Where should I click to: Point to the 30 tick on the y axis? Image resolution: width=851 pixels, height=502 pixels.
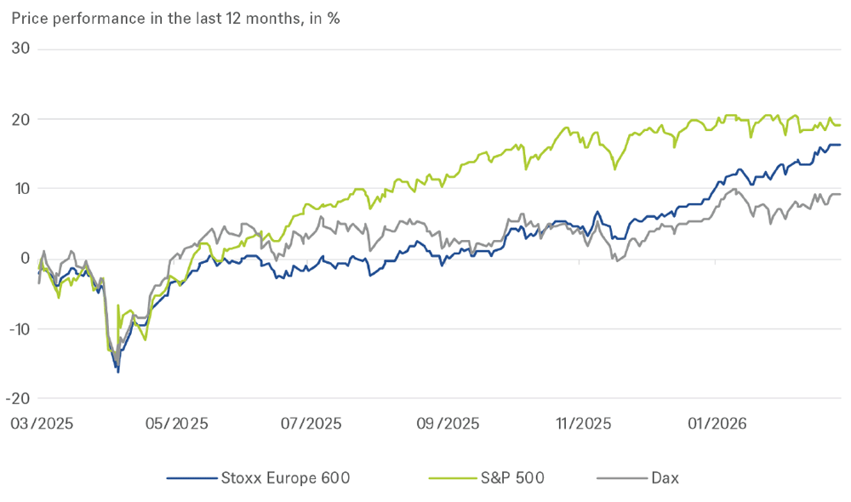click(x=20, y=49)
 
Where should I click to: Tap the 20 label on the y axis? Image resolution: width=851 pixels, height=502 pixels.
click(x=20, y=119)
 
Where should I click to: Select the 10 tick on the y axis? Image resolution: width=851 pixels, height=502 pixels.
click(x=21, y=189)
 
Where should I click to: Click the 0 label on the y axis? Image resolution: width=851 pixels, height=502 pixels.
click(x=26, y=259)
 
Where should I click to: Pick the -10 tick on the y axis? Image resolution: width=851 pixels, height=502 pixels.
click(x=18, y=328)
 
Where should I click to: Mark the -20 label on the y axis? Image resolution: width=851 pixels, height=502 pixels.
click(x=18, y=398)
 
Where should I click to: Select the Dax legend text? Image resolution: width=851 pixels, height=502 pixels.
click(x=665, y=478)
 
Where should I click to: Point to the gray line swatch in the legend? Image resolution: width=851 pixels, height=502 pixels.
click(x=614, y=478)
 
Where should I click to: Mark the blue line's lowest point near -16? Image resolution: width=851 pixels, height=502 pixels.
click(x=118, y=372)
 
